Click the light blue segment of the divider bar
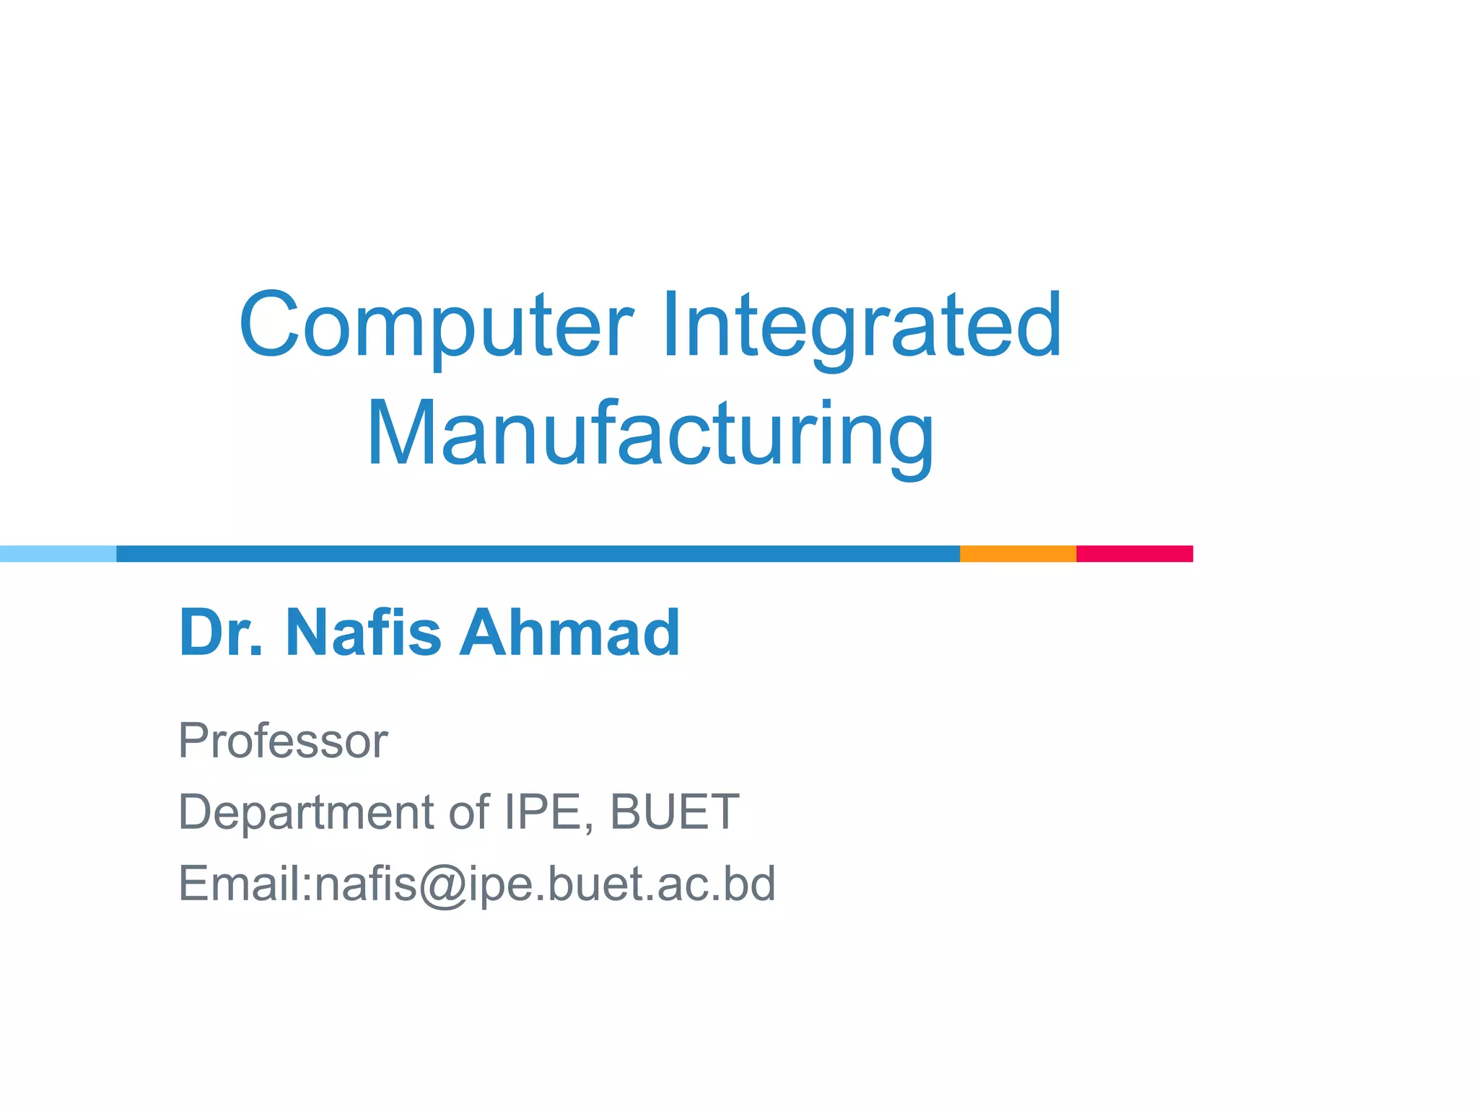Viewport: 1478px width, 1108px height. click(58, 553)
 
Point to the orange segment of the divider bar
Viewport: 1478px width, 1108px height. click(1018, 553)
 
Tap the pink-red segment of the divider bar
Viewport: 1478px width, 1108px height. click(1134, 553)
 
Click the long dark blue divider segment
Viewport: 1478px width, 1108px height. click(538, 553)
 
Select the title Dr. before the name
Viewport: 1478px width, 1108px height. click(221, 633)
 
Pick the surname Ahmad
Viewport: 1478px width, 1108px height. click(570, 633)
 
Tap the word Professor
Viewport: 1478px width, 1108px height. click(283, 741)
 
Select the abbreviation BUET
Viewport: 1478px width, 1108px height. click(674, 812)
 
